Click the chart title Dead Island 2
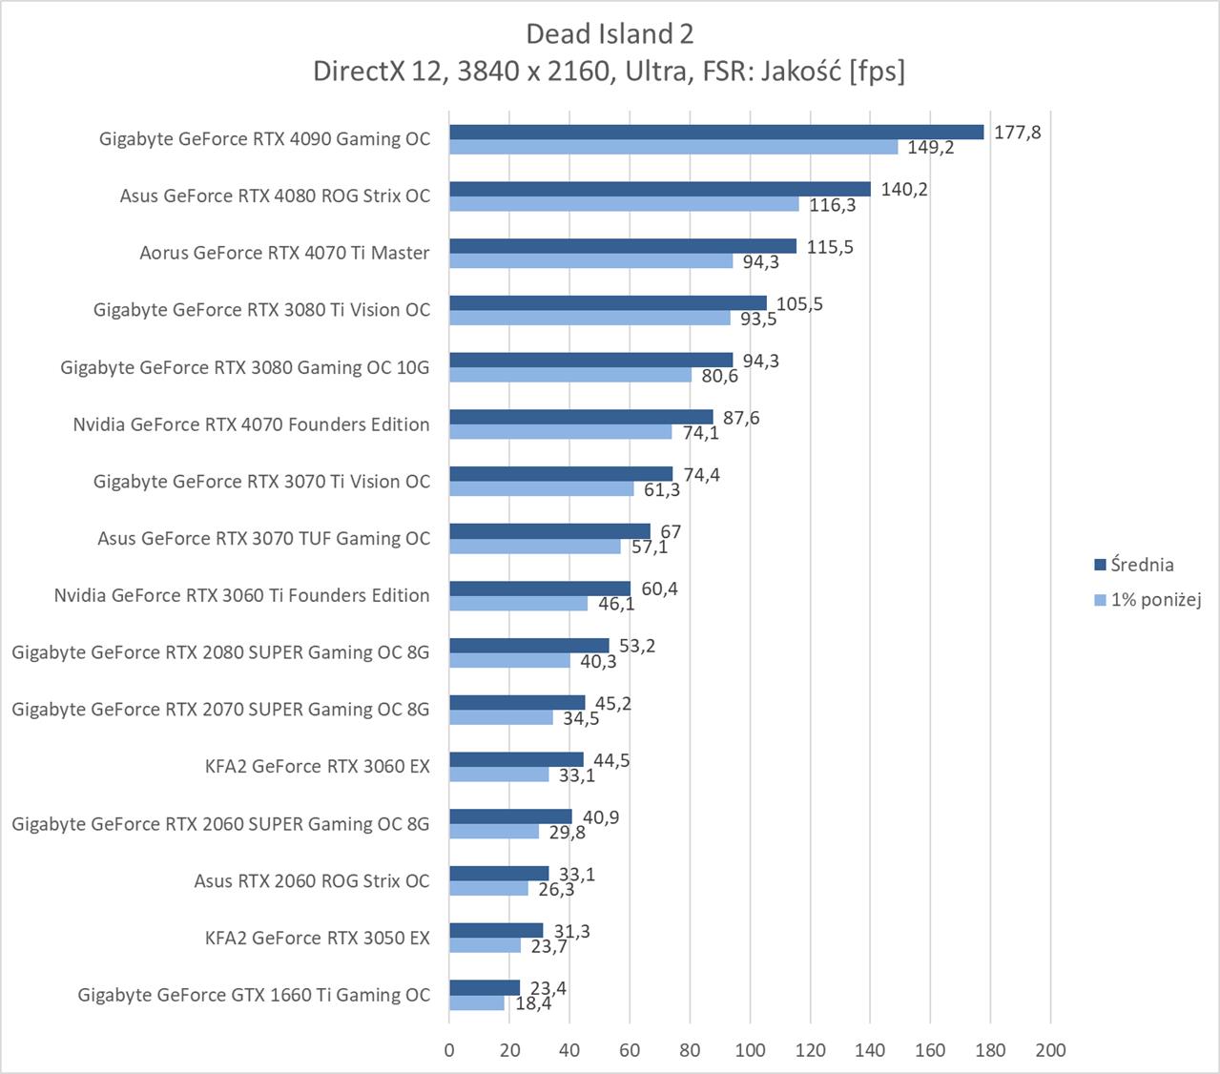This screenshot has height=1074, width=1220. (610, 34)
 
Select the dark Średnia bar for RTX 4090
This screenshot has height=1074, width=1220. (715, 132)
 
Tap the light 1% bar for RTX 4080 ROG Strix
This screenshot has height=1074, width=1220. (624, 204)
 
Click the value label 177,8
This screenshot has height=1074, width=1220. (1017, 133)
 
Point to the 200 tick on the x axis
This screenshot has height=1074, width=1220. (1050, 1050)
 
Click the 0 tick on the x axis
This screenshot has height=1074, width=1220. (449, 1050)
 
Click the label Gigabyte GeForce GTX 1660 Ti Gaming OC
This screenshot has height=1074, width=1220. (254, 995)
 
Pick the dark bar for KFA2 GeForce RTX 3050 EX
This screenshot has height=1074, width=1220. (496, 931)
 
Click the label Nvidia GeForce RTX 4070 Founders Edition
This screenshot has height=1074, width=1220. (251, 424)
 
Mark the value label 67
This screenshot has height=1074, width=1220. (671, 531)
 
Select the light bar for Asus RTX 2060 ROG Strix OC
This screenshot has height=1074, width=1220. (488, 889)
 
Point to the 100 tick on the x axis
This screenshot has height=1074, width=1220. (750, 1050)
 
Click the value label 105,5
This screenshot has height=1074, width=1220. (799, 304)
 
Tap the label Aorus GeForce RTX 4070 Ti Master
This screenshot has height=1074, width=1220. (284, 253)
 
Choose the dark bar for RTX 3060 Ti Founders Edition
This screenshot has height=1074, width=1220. (540, 589)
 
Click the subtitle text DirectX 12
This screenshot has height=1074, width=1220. (376, 72)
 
